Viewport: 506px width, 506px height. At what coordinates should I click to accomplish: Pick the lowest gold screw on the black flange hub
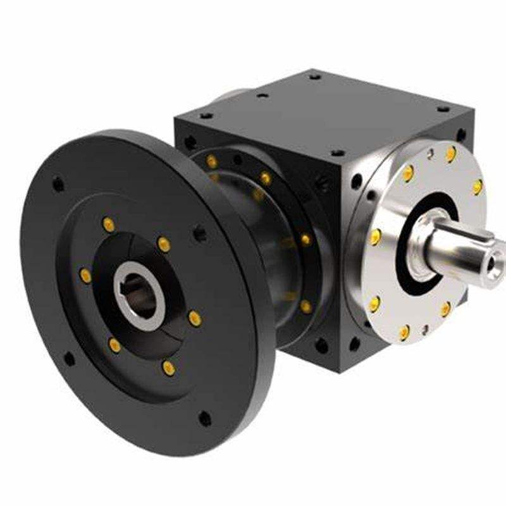coord(168,367)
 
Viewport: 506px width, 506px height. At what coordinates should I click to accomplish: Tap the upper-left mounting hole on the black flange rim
coord(58,185)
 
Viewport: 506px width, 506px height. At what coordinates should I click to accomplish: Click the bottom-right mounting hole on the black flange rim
coord(204,418)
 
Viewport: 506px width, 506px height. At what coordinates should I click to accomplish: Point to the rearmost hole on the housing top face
coord(314,77)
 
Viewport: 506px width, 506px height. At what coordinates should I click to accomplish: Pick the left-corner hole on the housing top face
coord(206,116)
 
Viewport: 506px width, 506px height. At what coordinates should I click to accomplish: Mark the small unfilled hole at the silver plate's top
coord(431,152)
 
